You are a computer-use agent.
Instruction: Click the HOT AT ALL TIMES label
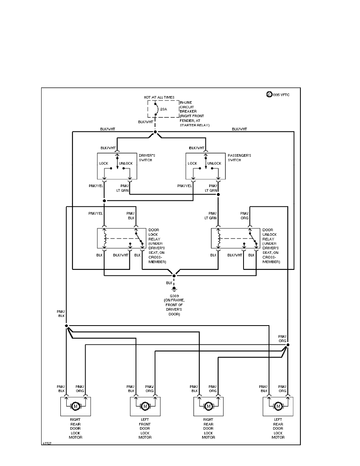coord(159,97)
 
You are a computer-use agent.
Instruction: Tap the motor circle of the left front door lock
coord(145,406)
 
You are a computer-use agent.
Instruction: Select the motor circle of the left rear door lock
coord(278,406)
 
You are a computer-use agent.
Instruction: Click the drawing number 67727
coord(47,444)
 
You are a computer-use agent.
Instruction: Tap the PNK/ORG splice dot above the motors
coord(287,345)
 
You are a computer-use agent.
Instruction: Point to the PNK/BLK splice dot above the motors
coord(67,326)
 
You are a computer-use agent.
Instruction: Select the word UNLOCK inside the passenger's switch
coord(214,163)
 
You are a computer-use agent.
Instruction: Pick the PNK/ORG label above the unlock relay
coord(244,216)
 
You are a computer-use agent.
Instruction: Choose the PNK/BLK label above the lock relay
coord(131,216)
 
